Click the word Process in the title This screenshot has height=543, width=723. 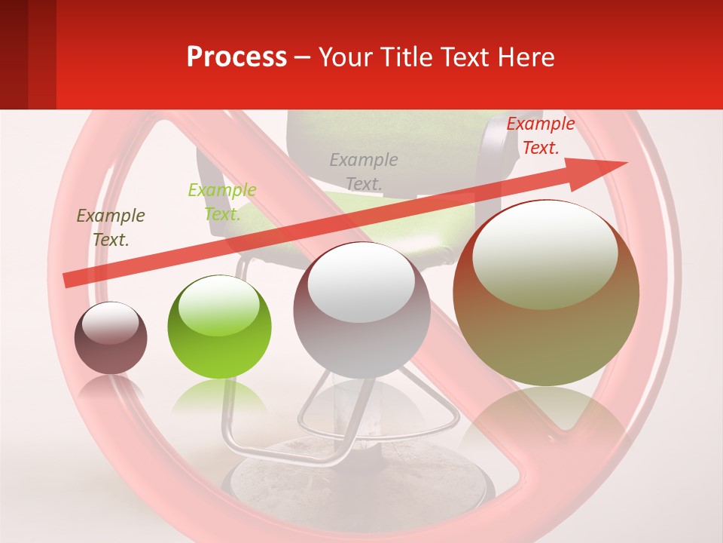(x=236, y=57)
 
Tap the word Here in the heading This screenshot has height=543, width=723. (x=524, y=57)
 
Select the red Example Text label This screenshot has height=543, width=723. (x=540, y=136)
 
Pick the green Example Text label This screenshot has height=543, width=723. (x=221, y=202)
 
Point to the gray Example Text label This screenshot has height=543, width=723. (x=364, y=171)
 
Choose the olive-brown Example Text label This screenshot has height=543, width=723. (x=111, y=228)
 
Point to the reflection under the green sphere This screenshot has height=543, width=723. (x=218, y=396)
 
